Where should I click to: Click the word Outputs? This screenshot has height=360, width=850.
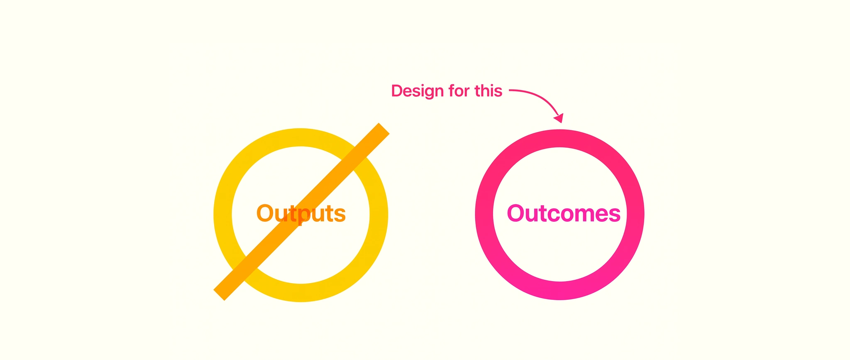(301, 214)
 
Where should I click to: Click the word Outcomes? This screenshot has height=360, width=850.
(564, 213)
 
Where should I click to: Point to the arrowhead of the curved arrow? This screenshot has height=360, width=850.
(559, 118)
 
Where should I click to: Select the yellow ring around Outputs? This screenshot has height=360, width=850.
(223, 215)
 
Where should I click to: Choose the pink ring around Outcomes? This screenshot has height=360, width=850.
(484, 214)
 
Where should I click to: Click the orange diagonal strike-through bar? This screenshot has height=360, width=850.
(301, 212)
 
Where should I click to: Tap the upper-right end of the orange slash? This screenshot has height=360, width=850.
(384, 128)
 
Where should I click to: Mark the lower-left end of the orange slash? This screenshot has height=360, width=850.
(219, 295)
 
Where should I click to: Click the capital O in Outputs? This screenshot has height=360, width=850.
(266, 213)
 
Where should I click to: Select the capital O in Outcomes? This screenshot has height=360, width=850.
(517, 213)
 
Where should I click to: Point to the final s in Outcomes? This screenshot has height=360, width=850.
(614, 216)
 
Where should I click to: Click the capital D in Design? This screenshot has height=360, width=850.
(397, 91)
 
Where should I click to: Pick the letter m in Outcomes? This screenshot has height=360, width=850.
(581, 216)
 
